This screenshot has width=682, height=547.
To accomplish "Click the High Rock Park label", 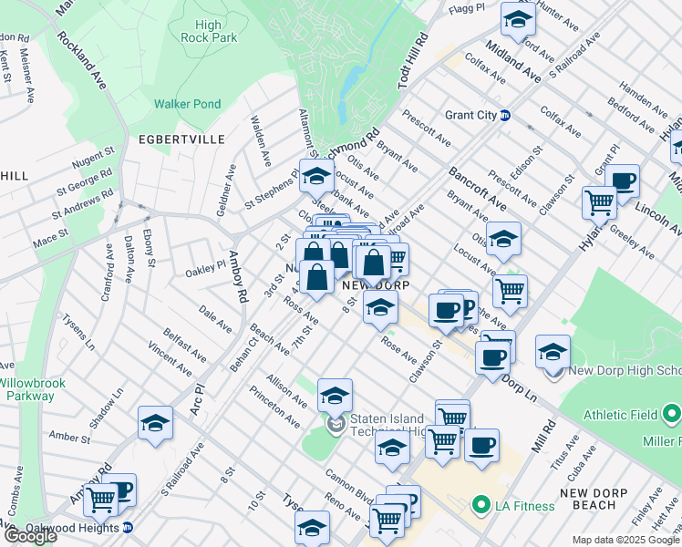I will [210, 31].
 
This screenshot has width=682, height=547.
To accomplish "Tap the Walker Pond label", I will [187, 104].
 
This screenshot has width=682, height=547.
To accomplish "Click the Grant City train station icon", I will [504, 116].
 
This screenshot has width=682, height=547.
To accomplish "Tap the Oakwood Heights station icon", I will [128, 527].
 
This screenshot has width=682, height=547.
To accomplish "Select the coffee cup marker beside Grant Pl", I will [623, 181].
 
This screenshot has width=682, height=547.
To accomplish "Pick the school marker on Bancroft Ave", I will [502, 240].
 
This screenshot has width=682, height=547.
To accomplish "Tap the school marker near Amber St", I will [155, 424].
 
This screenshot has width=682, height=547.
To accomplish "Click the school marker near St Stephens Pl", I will [316, 176].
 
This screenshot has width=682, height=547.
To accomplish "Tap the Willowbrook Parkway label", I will [33, 389].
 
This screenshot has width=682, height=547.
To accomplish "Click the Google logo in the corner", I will [29, 536].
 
